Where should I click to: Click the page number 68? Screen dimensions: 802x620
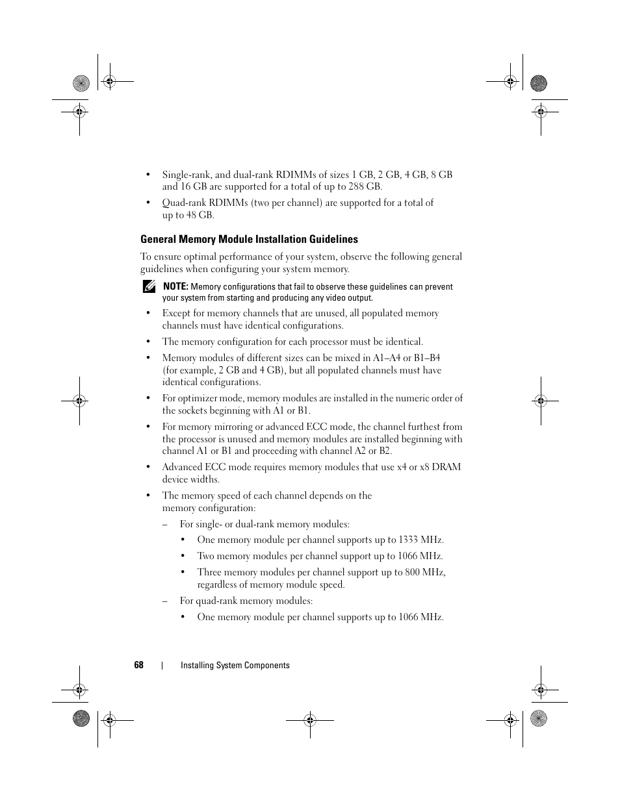click(x=138, y=665)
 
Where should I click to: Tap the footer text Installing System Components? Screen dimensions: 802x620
click(x=235, y=665)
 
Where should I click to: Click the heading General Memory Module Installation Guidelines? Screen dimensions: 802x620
click(x=249, y=239)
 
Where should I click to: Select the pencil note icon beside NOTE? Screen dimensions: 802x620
click(x=149, y=287)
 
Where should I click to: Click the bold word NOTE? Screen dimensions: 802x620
click(x=175, y=286)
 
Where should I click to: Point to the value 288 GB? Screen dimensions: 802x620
click(x=366, y=186)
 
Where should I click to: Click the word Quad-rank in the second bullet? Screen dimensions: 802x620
click(x=183, y=203)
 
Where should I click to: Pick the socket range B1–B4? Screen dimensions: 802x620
click(x=427, y=358)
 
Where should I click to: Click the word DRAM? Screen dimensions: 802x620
click(x=446, y=467)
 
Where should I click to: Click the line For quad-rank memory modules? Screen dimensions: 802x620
click(x=246, y=601)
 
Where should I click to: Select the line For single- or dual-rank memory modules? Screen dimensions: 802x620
click(x=265, y=524)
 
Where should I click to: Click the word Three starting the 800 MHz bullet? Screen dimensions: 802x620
click(x=209, y=572)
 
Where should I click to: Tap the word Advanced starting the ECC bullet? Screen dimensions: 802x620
click(x=182, y=467)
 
